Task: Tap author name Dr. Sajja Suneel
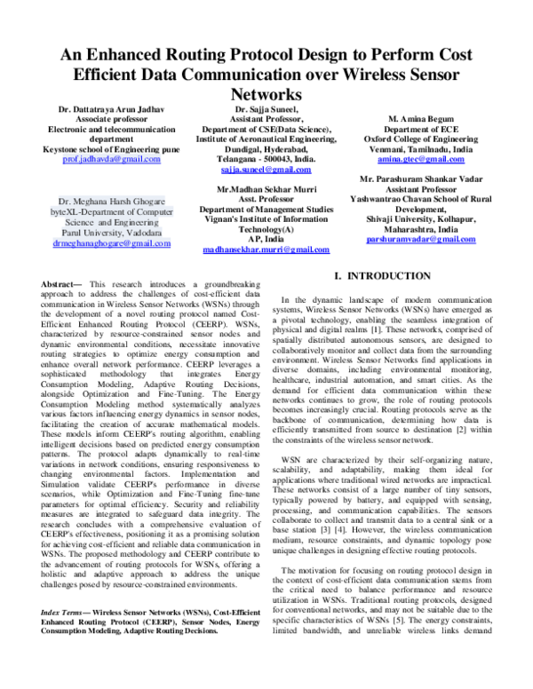(x=266, y=109)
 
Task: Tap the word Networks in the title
(x=266, y=93)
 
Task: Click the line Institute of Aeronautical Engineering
(x=266, y=139)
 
